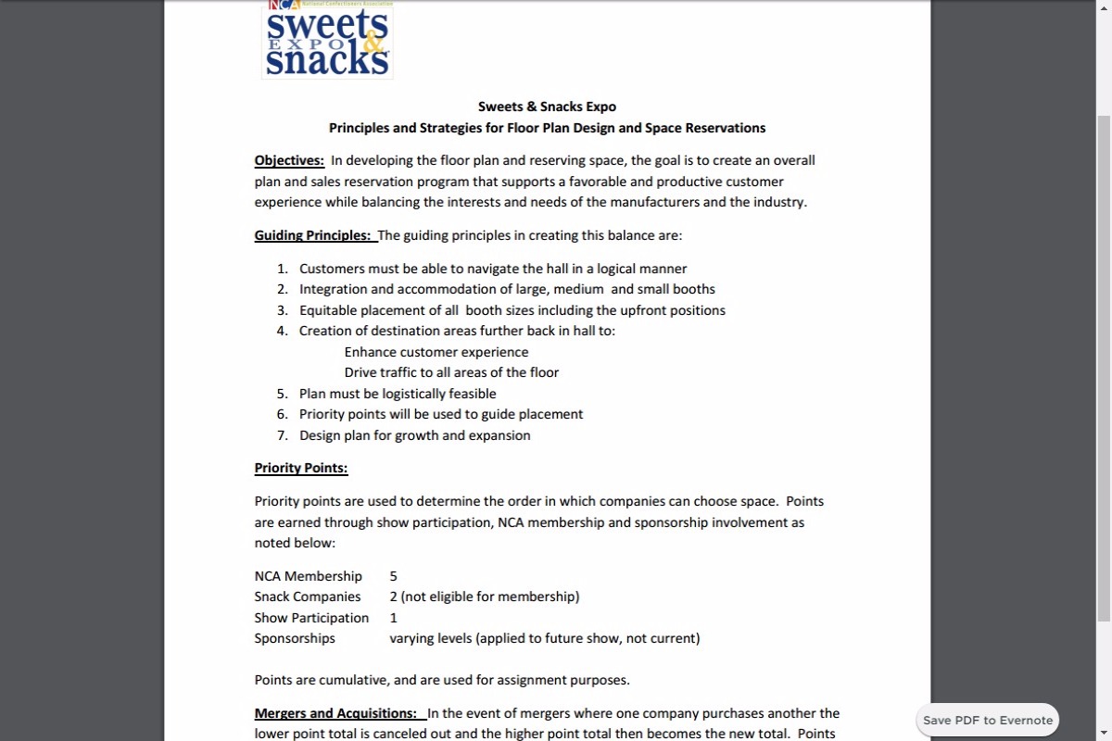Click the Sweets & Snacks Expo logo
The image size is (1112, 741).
tap(327, 40)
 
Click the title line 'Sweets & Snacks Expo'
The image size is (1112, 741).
tap(547, 107)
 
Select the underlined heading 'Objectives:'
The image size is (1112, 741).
tap(289, 160)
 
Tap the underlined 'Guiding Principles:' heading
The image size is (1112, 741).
tap(313, 235)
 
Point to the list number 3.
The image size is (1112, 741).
tap(282, 310)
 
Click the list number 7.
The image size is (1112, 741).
tap(282, 435)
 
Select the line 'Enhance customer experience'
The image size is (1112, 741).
tap(436, 352)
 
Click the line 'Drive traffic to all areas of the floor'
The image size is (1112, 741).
tap(451, 372)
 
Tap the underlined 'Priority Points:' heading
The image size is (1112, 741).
tap(301, 468)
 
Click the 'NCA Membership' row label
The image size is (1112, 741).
tap(308, 576)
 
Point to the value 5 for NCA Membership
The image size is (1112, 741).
tap(394, 576)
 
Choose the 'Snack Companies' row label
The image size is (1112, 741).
tap(308, 597)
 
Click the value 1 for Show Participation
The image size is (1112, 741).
tap(394, 618)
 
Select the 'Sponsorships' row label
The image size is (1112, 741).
tap(295, 638)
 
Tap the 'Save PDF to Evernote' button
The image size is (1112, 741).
tap(988, 720)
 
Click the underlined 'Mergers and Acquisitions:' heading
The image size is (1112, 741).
tap(335, 713)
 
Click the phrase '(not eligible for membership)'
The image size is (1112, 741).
tap(490, 597)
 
